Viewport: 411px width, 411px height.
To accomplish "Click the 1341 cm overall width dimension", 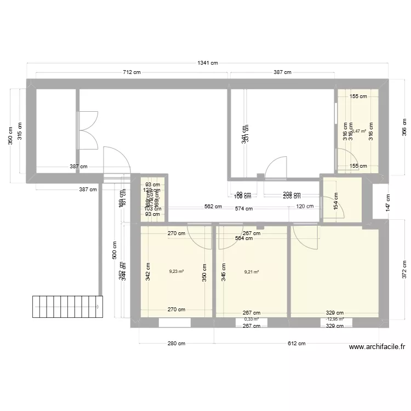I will [x=208, y=62].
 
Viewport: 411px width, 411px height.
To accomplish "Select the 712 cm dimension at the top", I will [x=132, y=72].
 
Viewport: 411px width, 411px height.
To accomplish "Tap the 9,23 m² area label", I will [x=176, y=271].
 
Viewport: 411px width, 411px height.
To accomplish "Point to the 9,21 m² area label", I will [x=251, y=271].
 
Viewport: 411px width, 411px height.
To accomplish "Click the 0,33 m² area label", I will [x=251, y=319].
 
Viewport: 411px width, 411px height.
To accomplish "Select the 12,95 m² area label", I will [x=334, y=319].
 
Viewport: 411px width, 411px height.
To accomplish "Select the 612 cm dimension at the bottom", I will [x=296, y=344].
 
